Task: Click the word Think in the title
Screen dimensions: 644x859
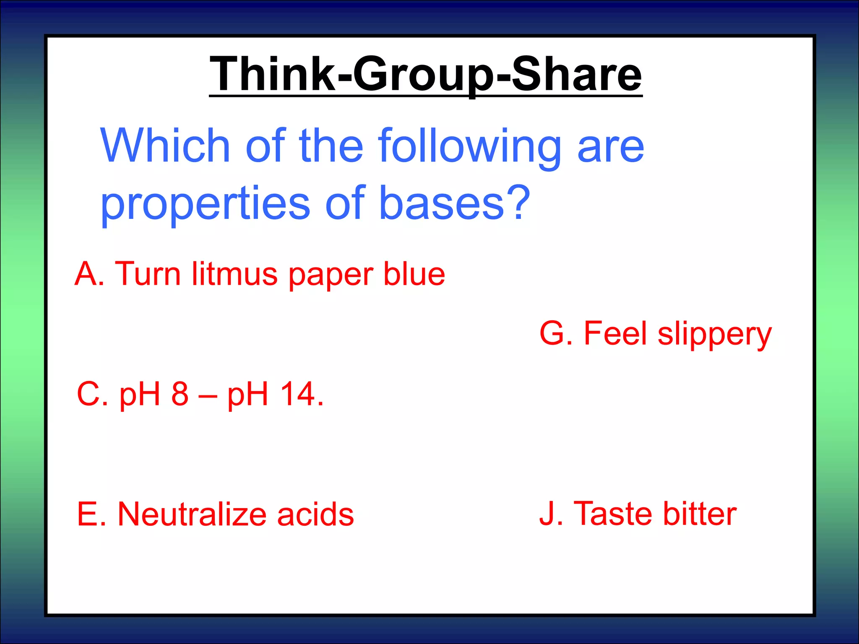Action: [273, 74]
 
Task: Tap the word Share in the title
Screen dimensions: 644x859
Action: [577, 74]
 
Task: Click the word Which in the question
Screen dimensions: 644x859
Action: [165, 145]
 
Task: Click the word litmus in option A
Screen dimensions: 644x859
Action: [234, 274]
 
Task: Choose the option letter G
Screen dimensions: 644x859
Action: [552, 334]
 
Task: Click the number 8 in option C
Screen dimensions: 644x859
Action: [180, 394]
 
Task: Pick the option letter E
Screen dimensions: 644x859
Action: [87, 514]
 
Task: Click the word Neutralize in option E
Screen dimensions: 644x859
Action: [192, 514]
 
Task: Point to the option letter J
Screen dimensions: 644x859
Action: [547, 514]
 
